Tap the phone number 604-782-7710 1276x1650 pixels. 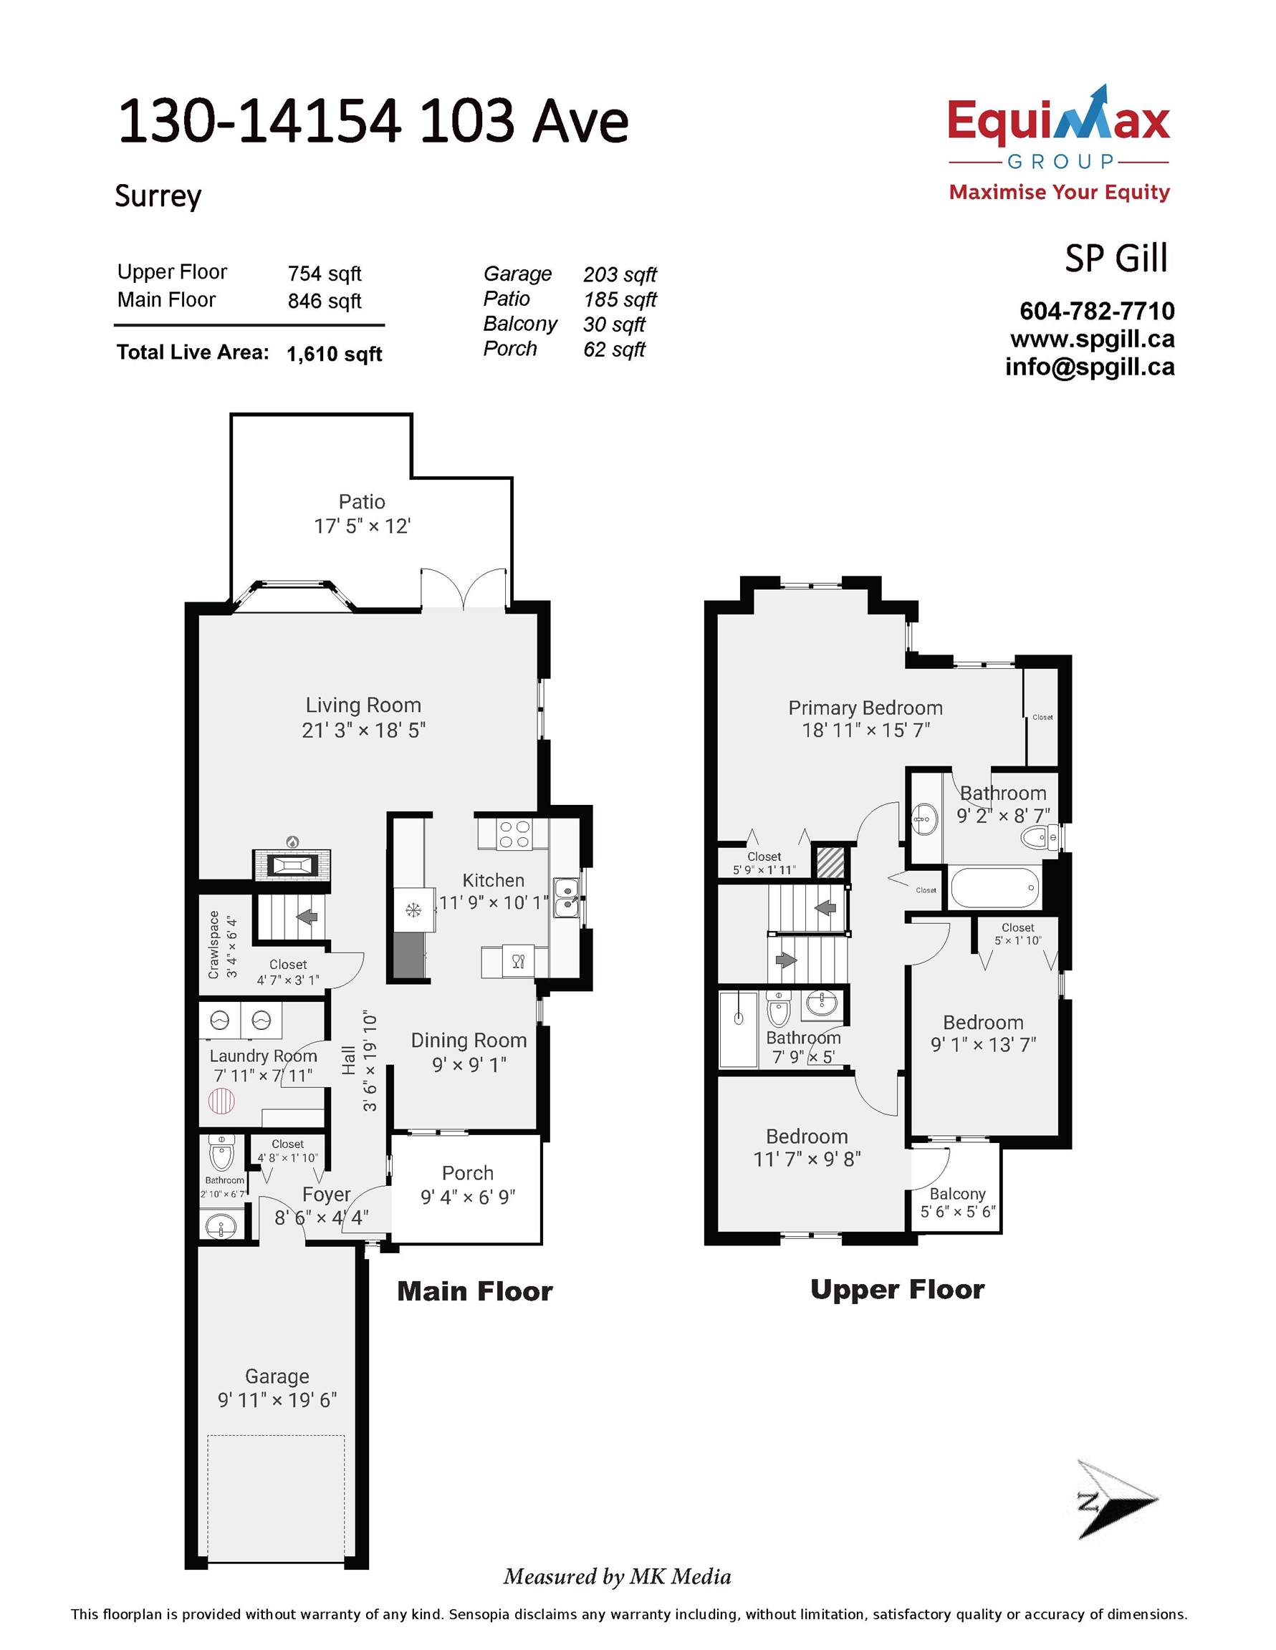coord(1097,311)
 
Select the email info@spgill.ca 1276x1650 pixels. coord(1089,367)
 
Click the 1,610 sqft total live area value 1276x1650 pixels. coord(334,354)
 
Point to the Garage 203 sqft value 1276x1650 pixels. coord(620,274)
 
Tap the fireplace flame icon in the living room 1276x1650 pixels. coord(292,842)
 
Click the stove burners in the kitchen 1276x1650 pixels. coord(514,834)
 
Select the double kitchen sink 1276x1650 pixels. coord(566,897)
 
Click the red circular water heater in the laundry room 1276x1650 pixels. coord(221,1101)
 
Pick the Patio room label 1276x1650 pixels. coord(361,501)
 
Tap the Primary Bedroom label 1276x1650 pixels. coord(865,708)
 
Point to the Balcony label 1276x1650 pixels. coord(958,1194)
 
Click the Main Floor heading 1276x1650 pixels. coord(475,1291)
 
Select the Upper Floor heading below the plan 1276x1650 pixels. coord(897,1290)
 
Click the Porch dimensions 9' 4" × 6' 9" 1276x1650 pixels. coord(468,1197)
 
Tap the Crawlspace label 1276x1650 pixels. coord(214,945)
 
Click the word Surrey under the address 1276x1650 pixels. coord(158,196)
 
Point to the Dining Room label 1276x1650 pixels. coord(469,1041)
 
